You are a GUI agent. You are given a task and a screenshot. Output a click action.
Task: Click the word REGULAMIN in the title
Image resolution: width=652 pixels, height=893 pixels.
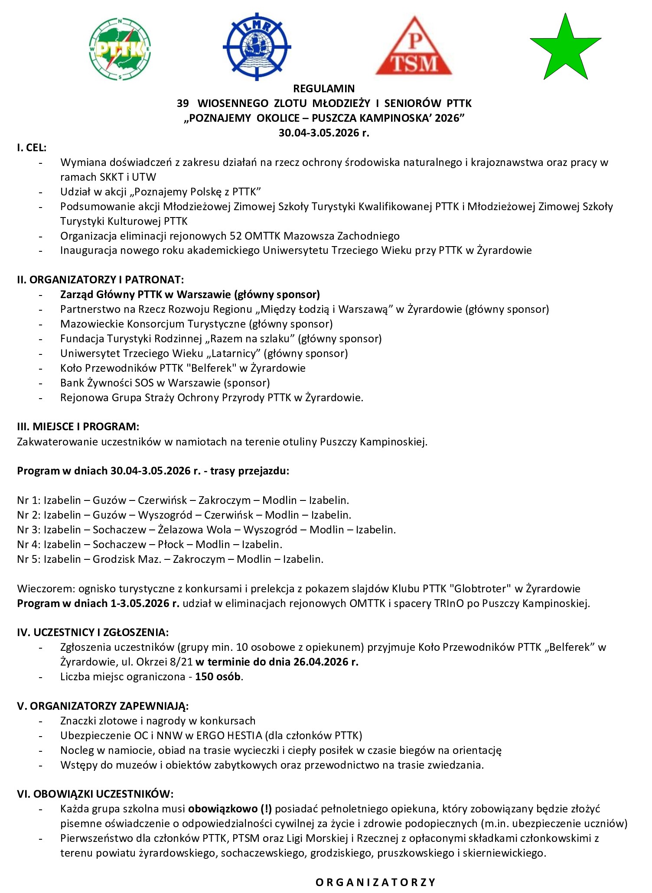[x=324, y=88]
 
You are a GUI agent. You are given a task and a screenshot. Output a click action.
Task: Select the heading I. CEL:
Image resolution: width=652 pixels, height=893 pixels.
[x=32, y=147]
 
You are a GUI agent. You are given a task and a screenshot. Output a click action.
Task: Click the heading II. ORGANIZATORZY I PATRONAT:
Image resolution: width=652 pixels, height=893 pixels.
[x=100, y=279]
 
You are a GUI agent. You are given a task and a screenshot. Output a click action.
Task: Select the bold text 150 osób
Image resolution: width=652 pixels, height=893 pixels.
[x=218, y=677]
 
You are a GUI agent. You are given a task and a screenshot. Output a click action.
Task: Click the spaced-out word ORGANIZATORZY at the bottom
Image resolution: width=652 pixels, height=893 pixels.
[x=375, y=882]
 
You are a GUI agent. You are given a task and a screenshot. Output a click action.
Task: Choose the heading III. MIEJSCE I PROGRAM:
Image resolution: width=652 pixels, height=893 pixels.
[x=78, y=426]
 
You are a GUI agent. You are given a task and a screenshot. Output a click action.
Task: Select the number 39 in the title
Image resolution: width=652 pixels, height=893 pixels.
[x=183, y=103]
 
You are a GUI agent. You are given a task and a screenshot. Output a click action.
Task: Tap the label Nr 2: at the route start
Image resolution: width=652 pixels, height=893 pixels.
[x=29, y=515]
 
